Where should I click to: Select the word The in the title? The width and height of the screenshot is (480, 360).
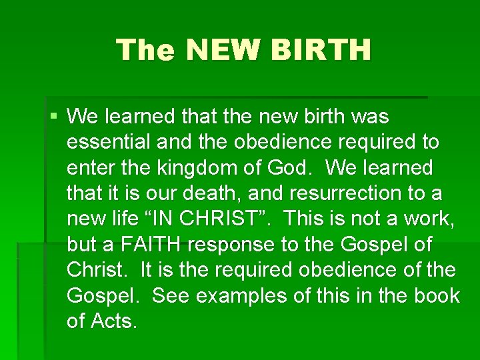(x=147, y=50)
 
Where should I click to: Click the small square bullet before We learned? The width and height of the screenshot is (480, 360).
(x=54, y=117)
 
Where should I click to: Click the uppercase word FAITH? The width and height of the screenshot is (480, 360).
(x=151, y=245)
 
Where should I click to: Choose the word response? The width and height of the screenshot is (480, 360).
(x=231, y=245)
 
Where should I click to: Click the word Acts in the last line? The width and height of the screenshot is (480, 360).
(x=115, y=321)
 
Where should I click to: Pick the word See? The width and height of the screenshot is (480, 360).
(x=169, y=295)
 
